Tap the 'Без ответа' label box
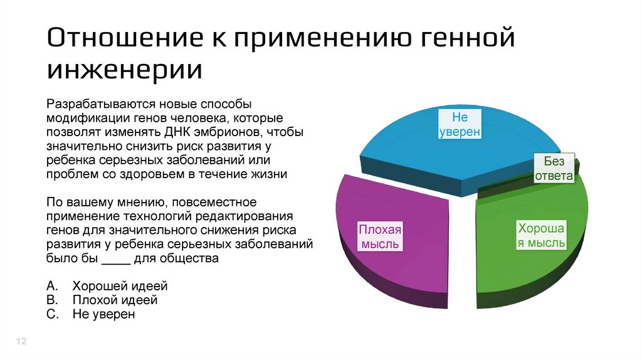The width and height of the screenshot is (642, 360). pyautogui.click(x=554, y=169)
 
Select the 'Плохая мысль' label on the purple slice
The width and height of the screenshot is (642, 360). pyautogui.click(x=379, y=236)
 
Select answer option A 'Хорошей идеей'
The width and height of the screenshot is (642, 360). pyautogui.click(x=120, y=286)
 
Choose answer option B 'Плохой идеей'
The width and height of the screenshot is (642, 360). pyautogui.click(x=115, y=300)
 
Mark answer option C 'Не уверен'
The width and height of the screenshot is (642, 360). pyautogui.click(x=103, y=314)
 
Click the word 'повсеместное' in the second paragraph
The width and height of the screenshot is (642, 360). pyautogui.click(x=211, y=203)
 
